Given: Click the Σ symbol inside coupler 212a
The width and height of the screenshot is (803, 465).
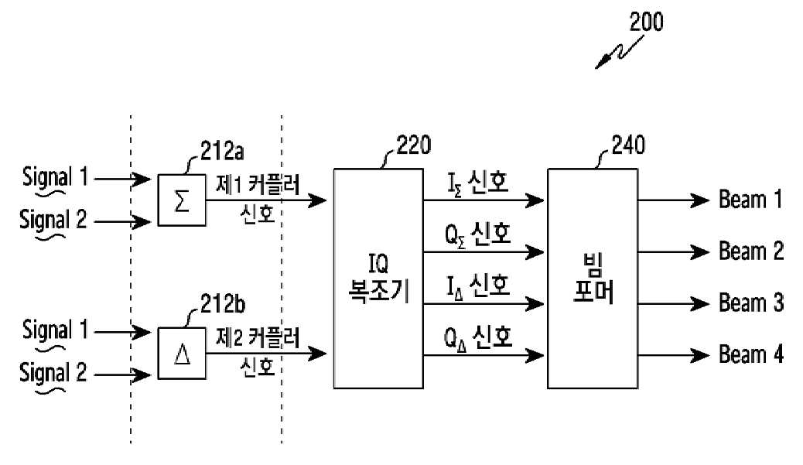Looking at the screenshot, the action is pos(182,200).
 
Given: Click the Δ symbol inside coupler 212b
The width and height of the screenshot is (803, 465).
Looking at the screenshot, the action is pos(182,354).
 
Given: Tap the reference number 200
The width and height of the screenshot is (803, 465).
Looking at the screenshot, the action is pos(646,22).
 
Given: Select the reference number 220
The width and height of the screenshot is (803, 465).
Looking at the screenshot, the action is pos(414,145).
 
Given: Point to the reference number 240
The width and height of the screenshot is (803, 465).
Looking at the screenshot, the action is pos(628,145).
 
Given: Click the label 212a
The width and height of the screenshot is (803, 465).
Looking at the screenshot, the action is pos(222,152).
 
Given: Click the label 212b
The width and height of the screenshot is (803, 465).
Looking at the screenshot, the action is pos(222,304).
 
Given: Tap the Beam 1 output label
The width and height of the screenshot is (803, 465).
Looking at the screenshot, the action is pos(750,199).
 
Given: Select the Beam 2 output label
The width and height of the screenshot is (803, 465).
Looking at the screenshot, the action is pos(751,251).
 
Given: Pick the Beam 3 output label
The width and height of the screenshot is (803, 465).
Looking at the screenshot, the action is pos(751,303).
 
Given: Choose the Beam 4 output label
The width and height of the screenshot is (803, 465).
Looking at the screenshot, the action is pos(751,354).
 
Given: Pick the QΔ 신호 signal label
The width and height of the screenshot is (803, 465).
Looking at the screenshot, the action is pos(478,338).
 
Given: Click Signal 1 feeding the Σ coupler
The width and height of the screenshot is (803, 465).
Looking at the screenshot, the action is pos(55,177).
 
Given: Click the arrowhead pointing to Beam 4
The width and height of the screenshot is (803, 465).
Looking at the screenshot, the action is pos(699,355).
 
